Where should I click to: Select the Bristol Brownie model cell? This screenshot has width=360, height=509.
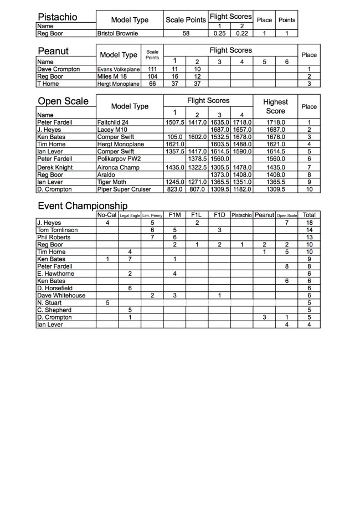[117, 33]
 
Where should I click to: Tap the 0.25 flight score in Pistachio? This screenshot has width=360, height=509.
[219, 33]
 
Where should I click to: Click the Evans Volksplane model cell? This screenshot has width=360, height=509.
[118, 69]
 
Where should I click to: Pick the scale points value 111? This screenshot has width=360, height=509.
[152, 69]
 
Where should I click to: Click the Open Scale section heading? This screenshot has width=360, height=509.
[63, 101]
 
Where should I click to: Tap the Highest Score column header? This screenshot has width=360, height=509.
[275, 106]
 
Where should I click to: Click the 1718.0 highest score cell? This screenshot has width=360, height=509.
[275, 122]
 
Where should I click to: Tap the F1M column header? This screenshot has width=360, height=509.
[174, 215]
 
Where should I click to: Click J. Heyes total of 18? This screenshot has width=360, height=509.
[309, 223]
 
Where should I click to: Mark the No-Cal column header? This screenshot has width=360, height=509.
[107, 215]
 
